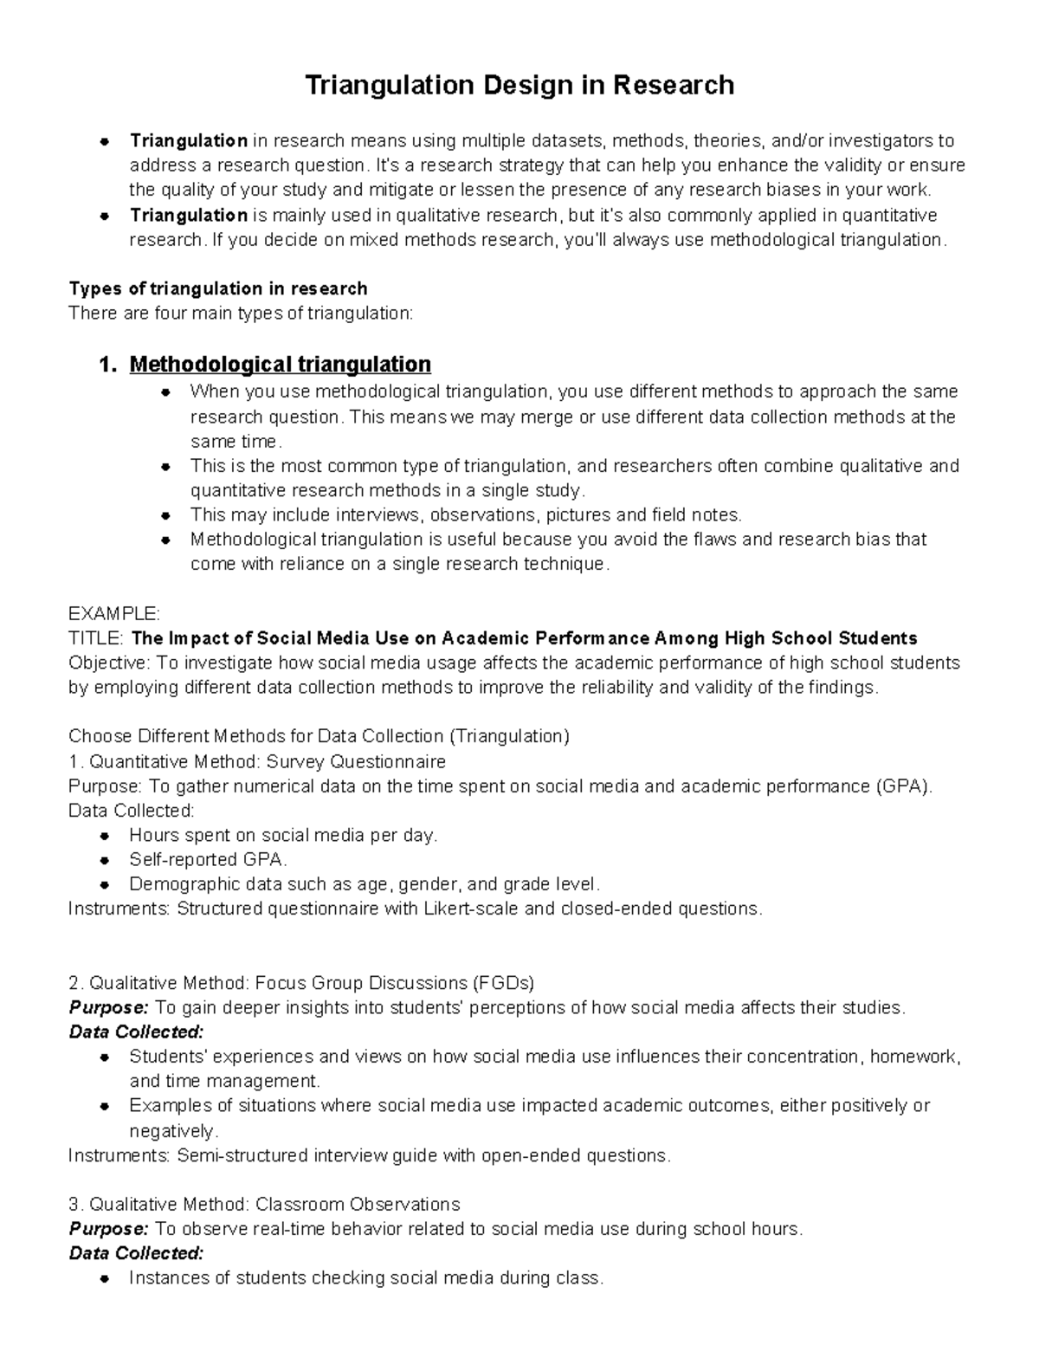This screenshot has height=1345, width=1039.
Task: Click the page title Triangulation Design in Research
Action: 519,85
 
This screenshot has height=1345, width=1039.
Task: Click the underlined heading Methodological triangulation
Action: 280,364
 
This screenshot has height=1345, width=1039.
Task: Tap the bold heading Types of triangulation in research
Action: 218,288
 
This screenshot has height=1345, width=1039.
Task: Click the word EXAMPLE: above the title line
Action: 113,614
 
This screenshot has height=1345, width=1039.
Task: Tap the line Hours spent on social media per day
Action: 283,836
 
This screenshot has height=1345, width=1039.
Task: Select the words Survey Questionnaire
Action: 356,762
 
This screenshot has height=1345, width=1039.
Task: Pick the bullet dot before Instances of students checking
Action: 104,1278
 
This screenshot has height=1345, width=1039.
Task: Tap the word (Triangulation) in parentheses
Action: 509,736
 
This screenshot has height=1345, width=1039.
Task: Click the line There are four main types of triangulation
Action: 241,313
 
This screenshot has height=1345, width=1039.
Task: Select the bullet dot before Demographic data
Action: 104,885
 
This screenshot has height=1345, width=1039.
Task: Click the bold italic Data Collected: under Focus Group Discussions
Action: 136,1032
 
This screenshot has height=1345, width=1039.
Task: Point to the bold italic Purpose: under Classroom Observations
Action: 109,1229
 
